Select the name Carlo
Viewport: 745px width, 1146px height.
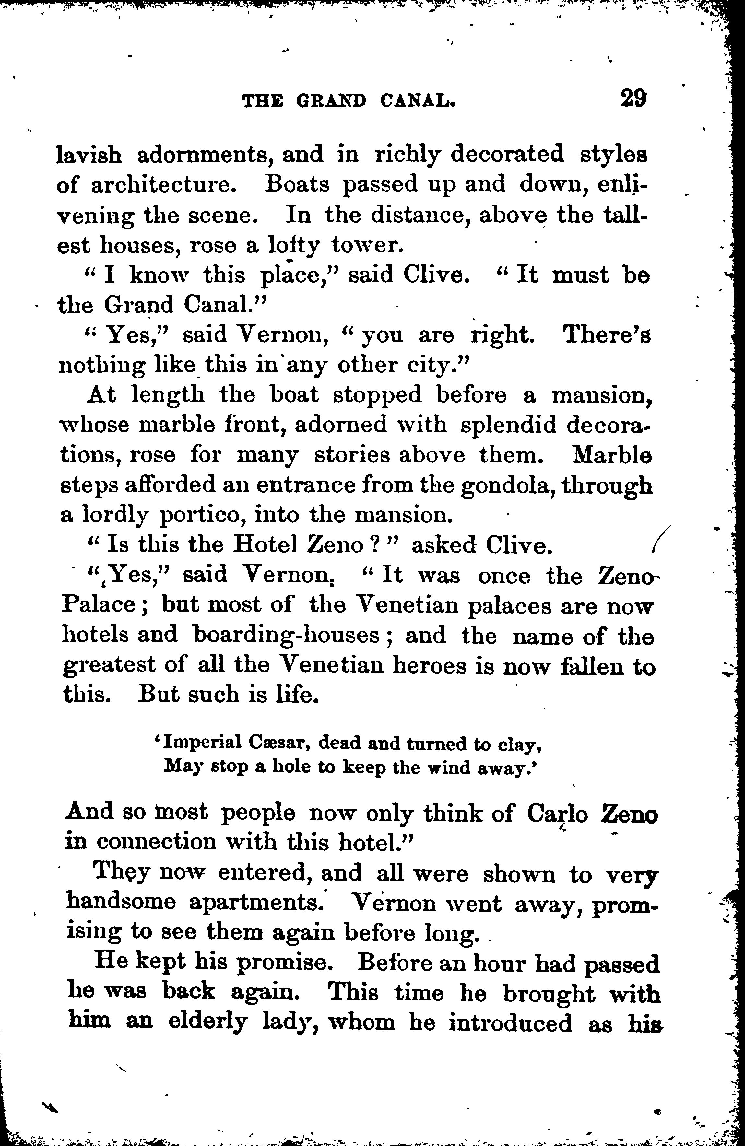pos(557,814)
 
